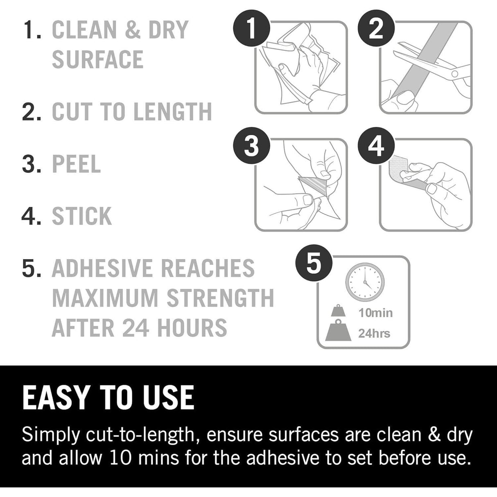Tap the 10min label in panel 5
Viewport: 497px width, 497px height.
tap(375, 313)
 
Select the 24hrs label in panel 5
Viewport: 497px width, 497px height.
tap(374, 334)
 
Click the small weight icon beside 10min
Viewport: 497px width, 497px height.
tap(338, 311)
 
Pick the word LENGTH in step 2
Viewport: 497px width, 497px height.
tap(173, 111)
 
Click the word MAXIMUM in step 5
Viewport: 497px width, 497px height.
tap(105, 298)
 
